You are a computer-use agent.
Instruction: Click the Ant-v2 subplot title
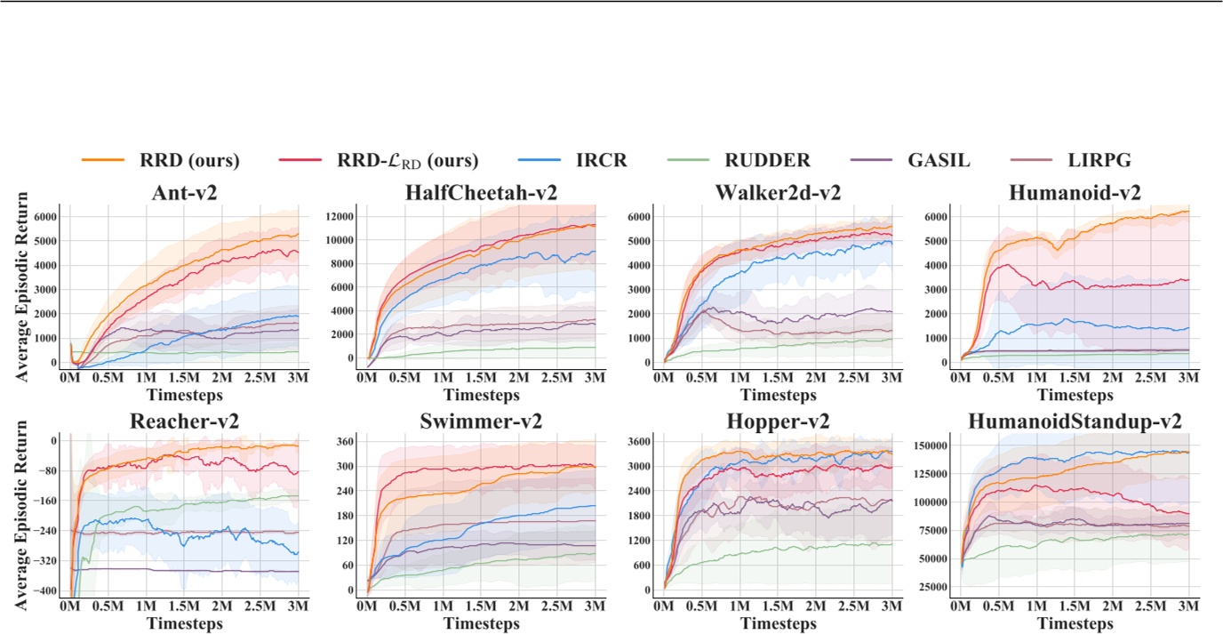(x=184, y=192)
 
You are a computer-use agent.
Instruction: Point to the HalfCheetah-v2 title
(x=481, y=192)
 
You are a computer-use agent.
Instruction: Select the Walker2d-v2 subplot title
(x=777, y=192)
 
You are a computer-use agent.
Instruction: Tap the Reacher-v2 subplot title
(x=184, y=421)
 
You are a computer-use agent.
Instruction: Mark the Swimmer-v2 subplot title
(x=481, y=421)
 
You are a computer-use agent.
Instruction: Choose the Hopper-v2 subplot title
(x=777, y=421)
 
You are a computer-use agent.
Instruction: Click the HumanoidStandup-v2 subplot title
(x=1074, y=421)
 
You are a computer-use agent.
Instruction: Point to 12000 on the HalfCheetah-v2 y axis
(x=339, y=216)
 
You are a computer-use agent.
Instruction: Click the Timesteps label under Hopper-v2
(x=777, y=623)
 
